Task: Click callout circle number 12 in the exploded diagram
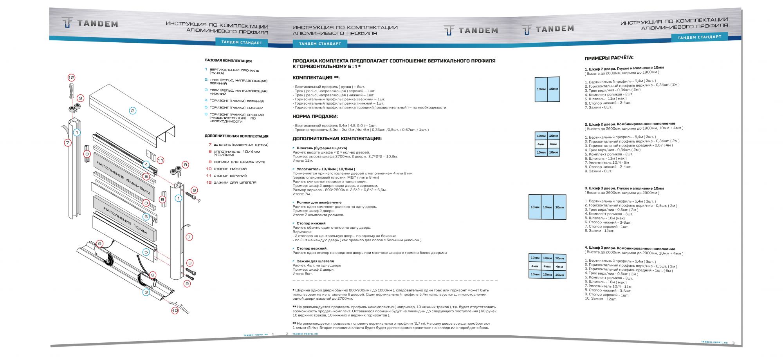71,78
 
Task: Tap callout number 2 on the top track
133,111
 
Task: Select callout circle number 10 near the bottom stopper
175,310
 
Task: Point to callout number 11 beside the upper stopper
161,160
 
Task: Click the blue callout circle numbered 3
146,292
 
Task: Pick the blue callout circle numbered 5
146,252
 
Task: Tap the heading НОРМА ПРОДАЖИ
315,116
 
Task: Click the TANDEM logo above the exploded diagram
90,24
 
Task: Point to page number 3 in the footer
733,343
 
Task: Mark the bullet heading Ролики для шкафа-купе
319,203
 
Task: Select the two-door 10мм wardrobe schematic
547,89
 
